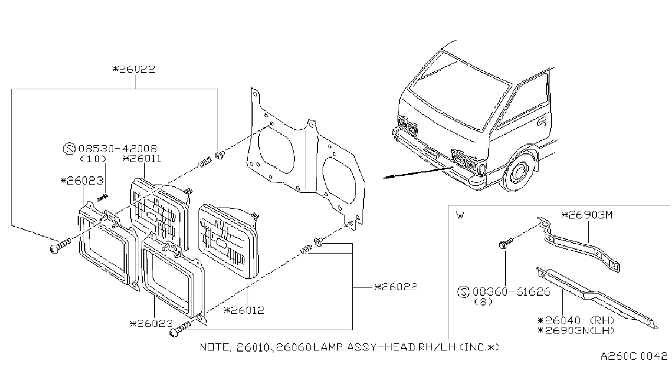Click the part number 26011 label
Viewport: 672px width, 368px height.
(x=142, y=159)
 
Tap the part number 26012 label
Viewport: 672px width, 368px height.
(x=244, y=310)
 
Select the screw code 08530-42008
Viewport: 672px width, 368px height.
(x=118, y=148)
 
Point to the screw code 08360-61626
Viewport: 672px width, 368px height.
(x=511, y=292)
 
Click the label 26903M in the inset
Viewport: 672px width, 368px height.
(x=587, y=215)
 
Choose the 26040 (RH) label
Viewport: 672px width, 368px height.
(x=576, y=320)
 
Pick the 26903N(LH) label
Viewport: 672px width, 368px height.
(x=576, y=330)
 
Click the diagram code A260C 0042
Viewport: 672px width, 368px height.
(x=634, y=357)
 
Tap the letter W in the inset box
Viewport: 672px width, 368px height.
(x=460, y=215)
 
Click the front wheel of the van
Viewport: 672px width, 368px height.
(x=518, y=174)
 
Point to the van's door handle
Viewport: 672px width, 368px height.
(x=541, y=121)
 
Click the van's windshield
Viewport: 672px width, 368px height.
(x=458, y=90)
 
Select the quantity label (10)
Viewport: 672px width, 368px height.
(x=93, y=159)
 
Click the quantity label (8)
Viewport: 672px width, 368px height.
(x=483, y=302)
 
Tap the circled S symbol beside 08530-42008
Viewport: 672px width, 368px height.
(x=69, y=148)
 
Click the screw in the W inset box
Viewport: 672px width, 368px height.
(x=506, y=243)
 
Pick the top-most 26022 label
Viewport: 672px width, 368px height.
(x=134, y=70)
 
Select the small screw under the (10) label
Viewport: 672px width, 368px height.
(x=103, y=198)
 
